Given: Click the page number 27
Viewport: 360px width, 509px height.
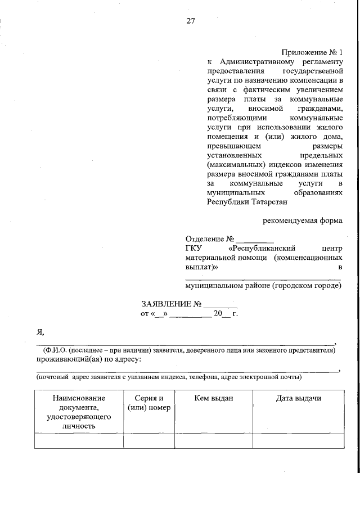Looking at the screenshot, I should (191, 22).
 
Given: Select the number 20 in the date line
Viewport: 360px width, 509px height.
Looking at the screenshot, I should (218, 313).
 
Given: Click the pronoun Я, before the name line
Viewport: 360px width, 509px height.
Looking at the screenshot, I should (40, 333).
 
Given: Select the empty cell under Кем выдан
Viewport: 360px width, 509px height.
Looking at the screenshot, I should (213, 440).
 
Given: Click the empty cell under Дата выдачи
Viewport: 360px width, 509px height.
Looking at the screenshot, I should (298, 440).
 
